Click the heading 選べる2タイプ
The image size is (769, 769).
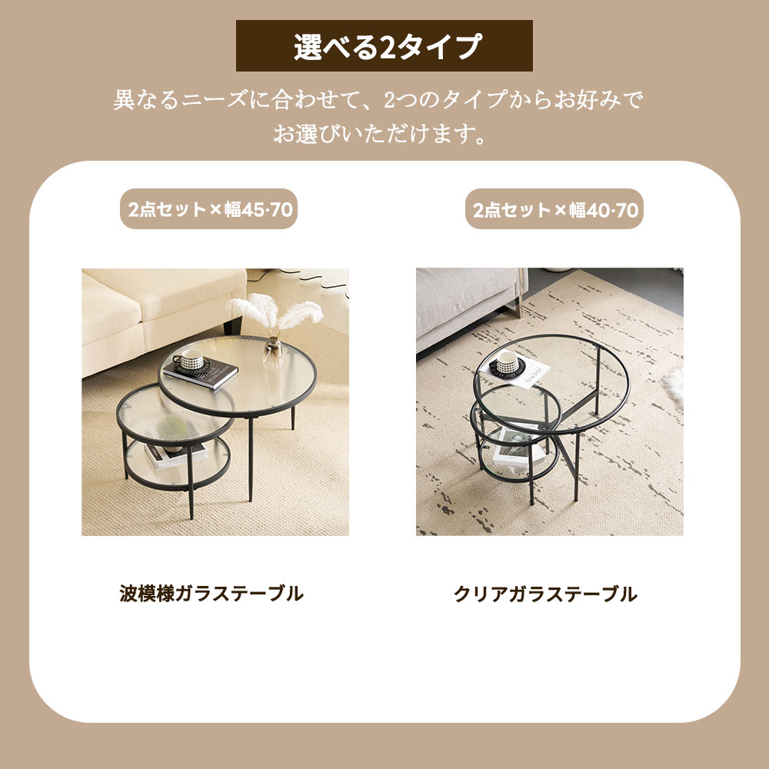384,46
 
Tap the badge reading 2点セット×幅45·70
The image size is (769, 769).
209,209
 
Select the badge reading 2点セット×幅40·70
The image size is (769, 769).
554,209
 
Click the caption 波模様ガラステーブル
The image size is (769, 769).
211,594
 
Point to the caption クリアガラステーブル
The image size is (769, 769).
545,594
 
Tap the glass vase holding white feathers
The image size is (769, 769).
273,351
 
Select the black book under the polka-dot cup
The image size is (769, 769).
200,373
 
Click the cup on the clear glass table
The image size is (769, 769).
506,362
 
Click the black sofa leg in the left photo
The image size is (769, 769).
232,325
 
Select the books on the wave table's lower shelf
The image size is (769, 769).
175,455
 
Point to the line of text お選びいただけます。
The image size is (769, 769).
380,134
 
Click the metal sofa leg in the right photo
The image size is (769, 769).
515,308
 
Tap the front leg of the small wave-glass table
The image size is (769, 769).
191,483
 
